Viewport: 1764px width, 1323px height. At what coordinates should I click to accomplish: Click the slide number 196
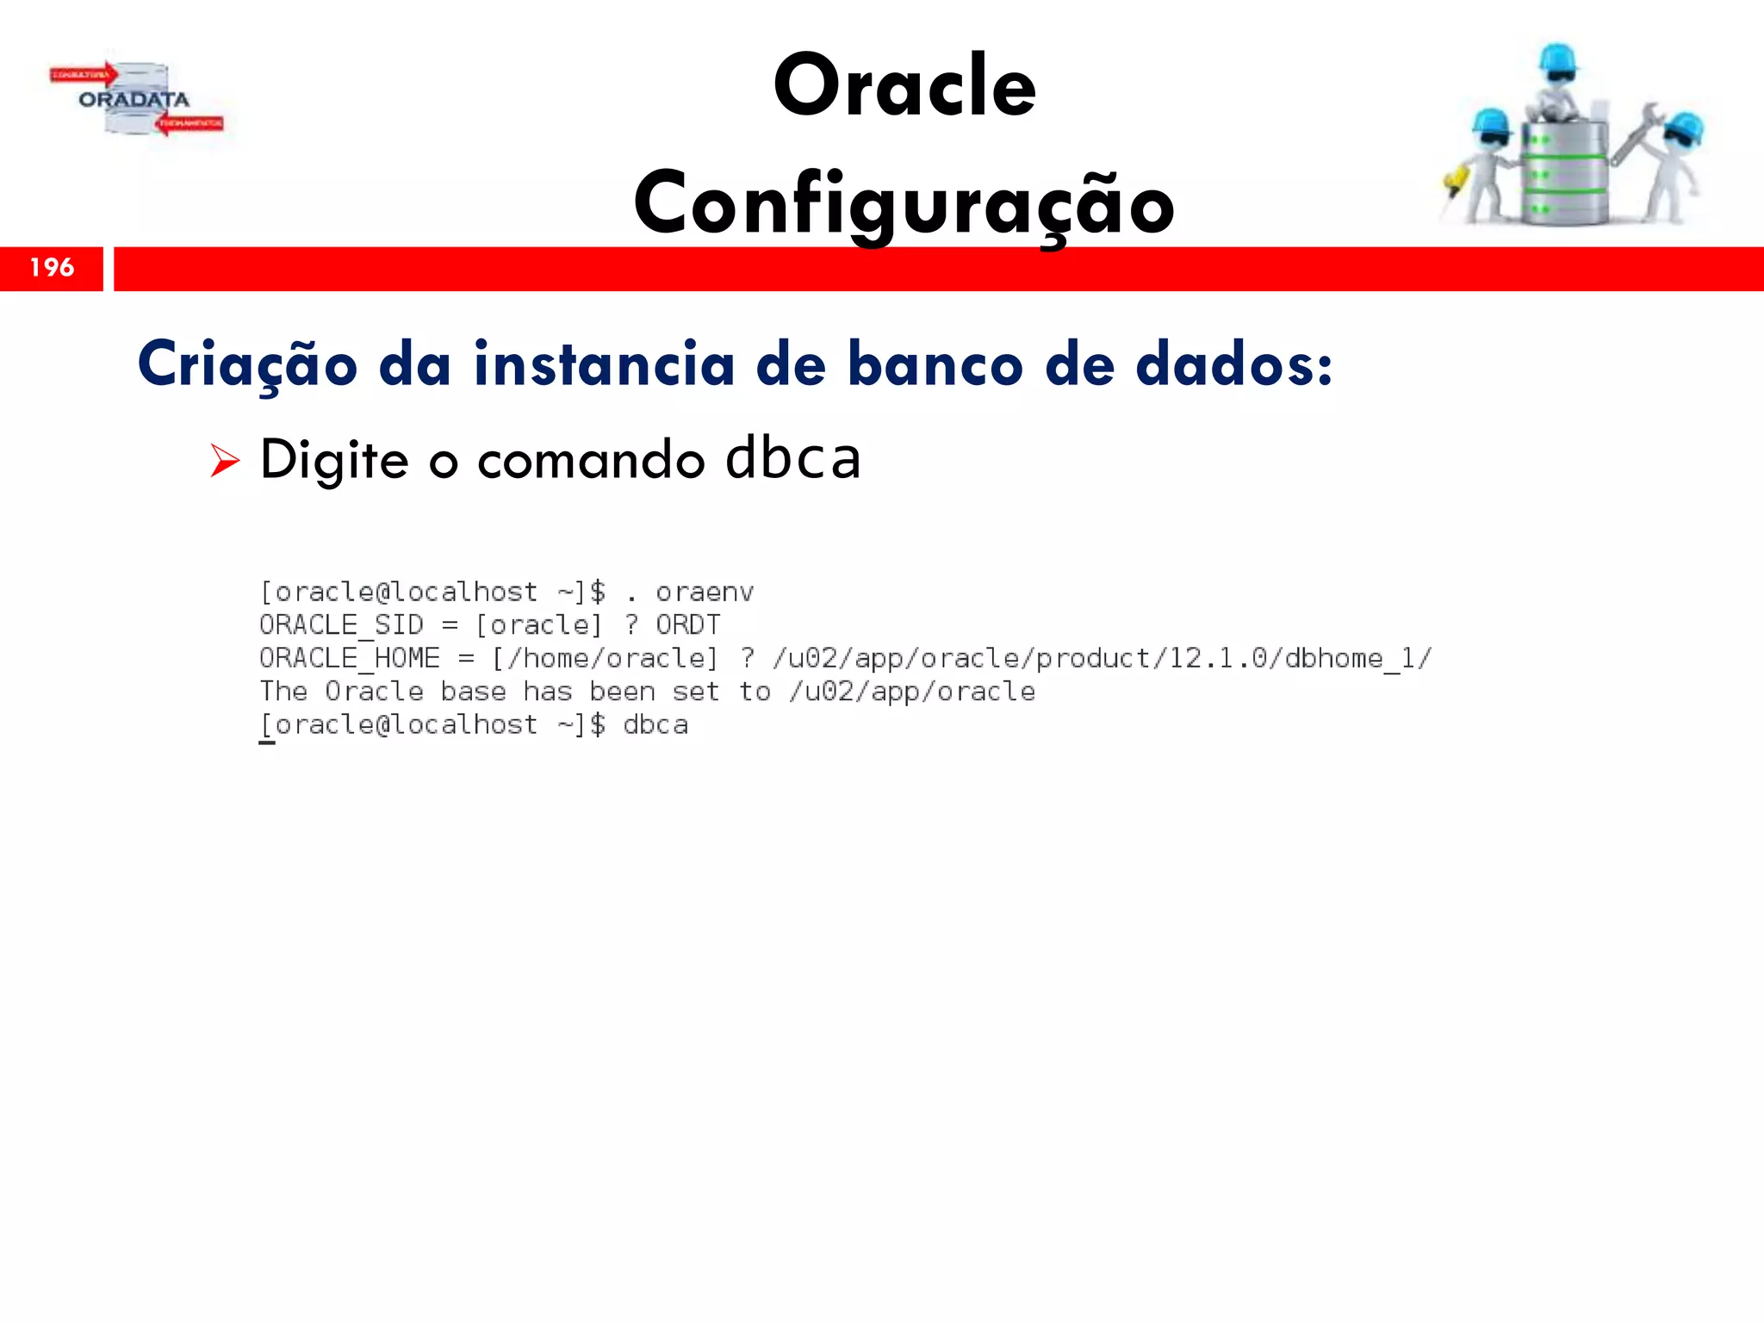tap(52, 268)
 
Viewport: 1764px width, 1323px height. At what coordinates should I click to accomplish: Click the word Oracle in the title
tap(904, 86)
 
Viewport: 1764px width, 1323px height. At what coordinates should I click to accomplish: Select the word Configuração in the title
tap(904, 204)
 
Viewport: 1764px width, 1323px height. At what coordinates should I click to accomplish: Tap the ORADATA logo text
tap(134, 100)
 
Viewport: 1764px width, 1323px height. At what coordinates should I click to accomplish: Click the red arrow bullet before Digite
tap(224, 461)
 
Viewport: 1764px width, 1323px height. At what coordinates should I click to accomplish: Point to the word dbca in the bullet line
tap(792, 458)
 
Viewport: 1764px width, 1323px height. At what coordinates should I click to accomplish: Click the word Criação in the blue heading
tap(247, 365)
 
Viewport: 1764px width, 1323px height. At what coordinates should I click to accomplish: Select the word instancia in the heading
tap(604, 363)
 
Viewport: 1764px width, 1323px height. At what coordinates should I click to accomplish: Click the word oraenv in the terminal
tap(705, 593)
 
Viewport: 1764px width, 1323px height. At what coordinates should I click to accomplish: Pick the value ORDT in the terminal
tap(687, 625)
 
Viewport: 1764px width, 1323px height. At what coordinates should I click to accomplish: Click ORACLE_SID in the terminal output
tap(341, 625)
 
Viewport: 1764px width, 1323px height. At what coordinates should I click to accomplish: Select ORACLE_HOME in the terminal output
tap(350, 659)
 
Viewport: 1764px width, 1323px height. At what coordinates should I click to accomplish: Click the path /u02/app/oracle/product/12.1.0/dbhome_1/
tap(1102, 659)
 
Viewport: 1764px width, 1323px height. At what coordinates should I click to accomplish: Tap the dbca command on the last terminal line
tap(655, 725)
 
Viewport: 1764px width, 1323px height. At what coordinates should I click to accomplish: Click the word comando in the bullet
tap(591, 460)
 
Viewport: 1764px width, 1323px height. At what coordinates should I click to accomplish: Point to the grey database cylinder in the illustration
tap(1563, 177)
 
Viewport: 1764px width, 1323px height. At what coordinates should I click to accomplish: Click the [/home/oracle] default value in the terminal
tap(605, 659)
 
